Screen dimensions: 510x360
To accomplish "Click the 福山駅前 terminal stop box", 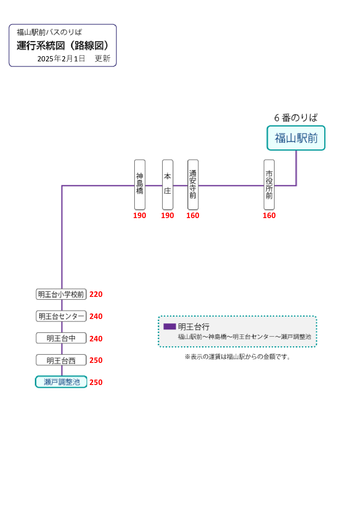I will click(296, 138).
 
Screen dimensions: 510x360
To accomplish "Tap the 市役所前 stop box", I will click(269, 185).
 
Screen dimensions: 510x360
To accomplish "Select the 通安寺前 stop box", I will click(193, 185).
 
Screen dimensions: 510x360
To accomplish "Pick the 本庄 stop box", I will click(168, 185).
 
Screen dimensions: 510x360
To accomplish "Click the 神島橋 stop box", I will click(140, 185).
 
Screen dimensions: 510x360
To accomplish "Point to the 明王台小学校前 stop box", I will click(61, 294).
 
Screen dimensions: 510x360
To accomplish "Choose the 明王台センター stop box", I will click(61, 316).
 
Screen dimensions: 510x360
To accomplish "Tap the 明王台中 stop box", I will click(61, 338).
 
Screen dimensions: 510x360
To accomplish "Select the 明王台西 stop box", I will click(61, 360).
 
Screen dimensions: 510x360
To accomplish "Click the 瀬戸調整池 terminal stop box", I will click(61, 382).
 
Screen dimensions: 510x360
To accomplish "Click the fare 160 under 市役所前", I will click(269, 215).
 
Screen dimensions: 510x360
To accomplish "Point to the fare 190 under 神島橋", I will click(140, 215).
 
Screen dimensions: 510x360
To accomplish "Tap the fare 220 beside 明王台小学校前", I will click(96, 294).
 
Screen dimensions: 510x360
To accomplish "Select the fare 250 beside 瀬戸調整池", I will click(96, 382).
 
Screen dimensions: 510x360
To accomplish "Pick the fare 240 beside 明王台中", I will click(96, 339).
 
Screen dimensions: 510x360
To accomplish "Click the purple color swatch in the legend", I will click(170, 327).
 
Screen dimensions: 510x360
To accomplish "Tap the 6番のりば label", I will click(296, 118).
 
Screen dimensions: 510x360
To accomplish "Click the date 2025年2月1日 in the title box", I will click(61, 59).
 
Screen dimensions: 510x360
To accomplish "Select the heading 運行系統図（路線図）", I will click(62, 46).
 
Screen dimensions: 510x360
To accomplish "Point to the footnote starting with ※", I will click(238, 357).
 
